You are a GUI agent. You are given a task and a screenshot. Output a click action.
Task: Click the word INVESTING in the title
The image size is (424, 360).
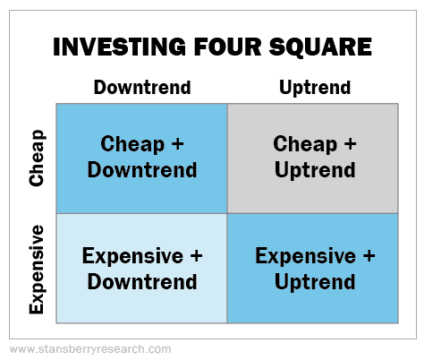(x=119, y=47)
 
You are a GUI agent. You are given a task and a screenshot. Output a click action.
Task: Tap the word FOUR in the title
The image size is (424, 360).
(x=228, y=47)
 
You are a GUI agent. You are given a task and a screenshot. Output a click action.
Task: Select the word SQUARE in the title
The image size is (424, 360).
(x=320, y=47)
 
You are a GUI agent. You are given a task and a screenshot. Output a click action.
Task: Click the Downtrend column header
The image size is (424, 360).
(x=142, y=87)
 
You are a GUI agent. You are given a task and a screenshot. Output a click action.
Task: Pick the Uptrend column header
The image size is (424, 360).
(x=315, y=88)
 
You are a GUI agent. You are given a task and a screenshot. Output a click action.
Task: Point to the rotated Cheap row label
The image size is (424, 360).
(x=37, y=158)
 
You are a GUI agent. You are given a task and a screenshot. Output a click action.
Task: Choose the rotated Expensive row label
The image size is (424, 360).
(x=37, y=270)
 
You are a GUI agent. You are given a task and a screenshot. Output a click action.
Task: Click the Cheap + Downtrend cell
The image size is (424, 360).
(x=142, y=159)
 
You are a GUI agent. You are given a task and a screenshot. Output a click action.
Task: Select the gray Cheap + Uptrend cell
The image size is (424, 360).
(x=313, y=159)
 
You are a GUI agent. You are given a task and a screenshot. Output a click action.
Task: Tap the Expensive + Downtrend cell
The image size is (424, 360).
(x=142, y=269)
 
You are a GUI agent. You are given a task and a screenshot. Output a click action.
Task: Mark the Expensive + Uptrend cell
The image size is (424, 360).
(x=313, y=269)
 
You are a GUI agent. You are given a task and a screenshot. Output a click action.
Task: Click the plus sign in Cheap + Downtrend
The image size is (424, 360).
(x=178, y=143)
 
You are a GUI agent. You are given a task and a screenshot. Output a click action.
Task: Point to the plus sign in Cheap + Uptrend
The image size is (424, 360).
(x=351, y=143)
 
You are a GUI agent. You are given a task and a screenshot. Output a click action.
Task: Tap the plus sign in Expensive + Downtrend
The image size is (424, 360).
(x=196, y=256)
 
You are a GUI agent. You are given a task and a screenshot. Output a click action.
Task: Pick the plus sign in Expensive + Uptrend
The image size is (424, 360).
(x=369, y=256)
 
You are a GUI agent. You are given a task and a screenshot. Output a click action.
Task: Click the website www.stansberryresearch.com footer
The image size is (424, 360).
(x=90, y=349)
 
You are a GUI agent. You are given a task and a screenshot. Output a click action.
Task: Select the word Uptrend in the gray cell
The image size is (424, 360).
(x=315, y=170)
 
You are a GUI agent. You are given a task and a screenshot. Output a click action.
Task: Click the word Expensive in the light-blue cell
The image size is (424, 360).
(x=132, y=256)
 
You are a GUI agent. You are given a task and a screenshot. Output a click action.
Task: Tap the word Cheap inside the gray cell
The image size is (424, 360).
(x=305, y=144)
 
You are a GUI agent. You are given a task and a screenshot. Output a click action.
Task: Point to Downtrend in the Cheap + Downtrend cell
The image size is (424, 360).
(x=142, y=169)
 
